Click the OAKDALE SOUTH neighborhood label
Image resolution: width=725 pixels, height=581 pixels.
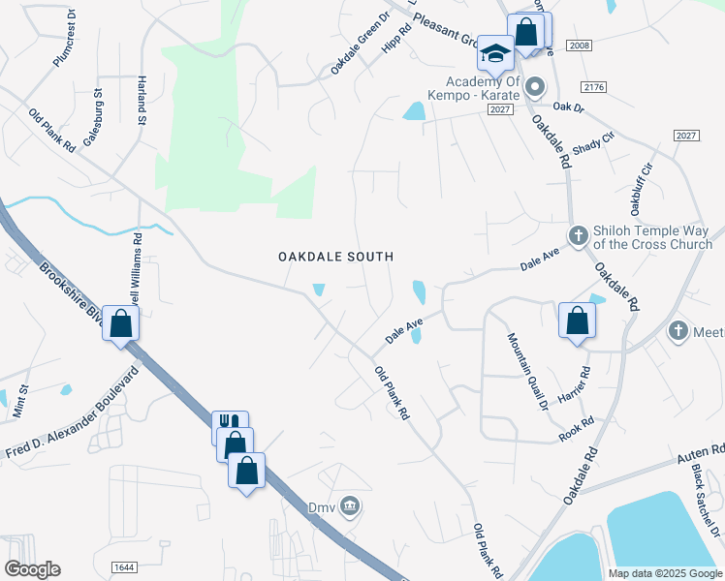coord(335,257)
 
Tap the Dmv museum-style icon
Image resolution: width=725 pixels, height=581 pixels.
coord(351,505)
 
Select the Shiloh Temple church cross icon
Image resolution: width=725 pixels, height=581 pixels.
coord(578,235)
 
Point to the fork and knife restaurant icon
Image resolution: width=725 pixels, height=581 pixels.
coord(229,424)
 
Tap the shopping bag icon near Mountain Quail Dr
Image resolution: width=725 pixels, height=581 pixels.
coord(577,319)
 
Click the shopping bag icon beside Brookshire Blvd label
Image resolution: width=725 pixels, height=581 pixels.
coord(121,322)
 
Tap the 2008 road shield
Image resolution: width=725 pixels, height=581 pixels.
coord(581,46)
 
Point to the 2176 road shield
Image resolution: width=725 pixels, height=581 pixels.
coord(594,87)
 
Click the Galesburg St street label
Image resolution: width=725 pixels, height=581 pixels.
coord(92,117)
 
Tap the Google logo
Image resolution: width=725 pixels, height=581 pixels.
coord(32,569)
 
